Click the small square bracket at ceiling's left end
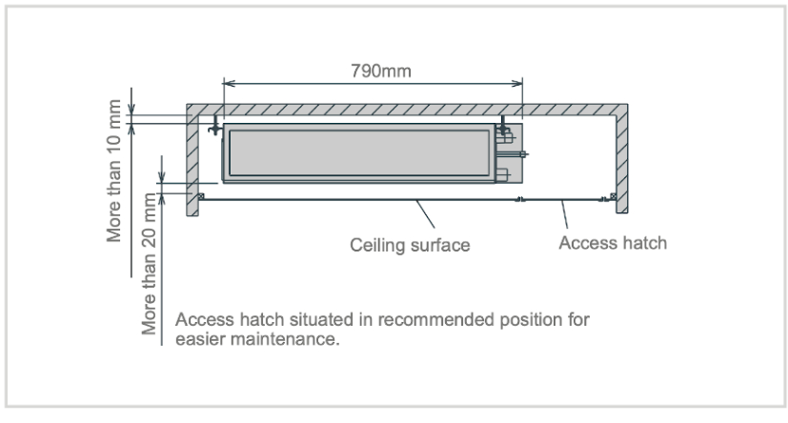(x=200, y=196)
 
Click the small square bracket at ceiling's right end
(x=613, y=196)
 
